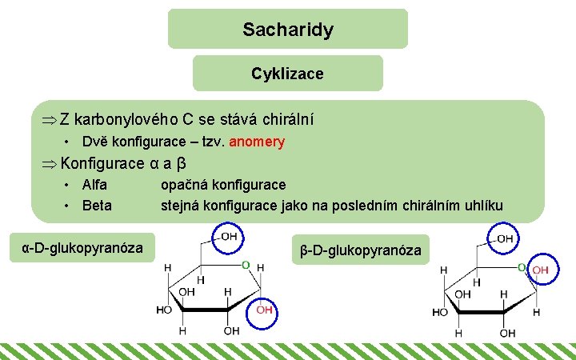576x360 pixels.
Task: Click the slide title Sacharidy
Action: [288, 30]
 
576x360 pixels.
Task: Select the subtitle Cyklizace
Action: [287, 74]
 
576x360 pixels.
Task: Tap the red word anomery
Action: [257, 142]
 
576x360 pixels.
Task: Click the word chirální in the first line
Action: [285, 119]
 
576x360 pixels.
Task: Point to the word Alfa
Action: [95, 185]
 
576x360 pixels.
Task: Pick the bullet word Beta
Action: [97, 205]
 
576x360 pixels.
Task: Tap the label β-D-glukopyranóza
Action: [361, 250]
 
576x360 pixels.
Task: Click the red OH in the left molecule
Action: [265, 310]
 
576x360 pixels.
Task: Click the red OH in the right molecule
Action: [540, 270]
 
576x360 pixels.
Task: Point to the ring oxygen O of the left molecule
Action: [246, 264]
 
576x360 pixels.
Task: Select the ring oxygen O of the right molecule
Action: [522, 266]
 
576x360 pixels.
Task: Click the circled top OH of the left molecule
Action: [229, 237]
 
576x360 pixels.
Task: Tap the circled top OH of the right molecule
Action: [505, 238]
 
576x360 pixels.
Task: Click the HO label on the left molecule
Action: [164, 310]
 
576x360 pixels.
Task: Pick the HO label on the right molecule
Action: [440, 311]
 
